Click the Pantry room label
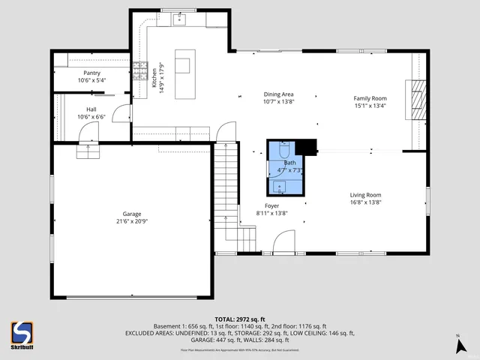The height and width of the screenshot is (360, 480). (x=91, y=73)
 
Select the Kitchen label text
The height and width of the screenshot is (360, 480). (x=154, y=74)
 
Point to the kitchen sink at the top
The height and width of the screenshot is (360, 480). (x=181, y=20)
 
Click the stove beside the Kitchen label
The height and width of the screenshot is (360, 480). (x=140, y=71)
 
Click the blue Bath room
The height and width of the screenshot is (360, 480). (x=286, y=167)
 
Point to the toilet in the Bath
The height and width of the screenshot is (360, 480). (x=283, y=151)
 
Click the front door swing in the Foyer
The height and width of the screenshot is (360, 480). (x=283, y=243)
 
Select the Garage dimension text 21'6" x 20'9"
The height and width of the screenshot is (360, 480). (x=130, y=221)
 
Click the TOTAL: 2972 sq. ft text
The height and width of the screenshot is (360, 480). (x=239, y=319)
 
